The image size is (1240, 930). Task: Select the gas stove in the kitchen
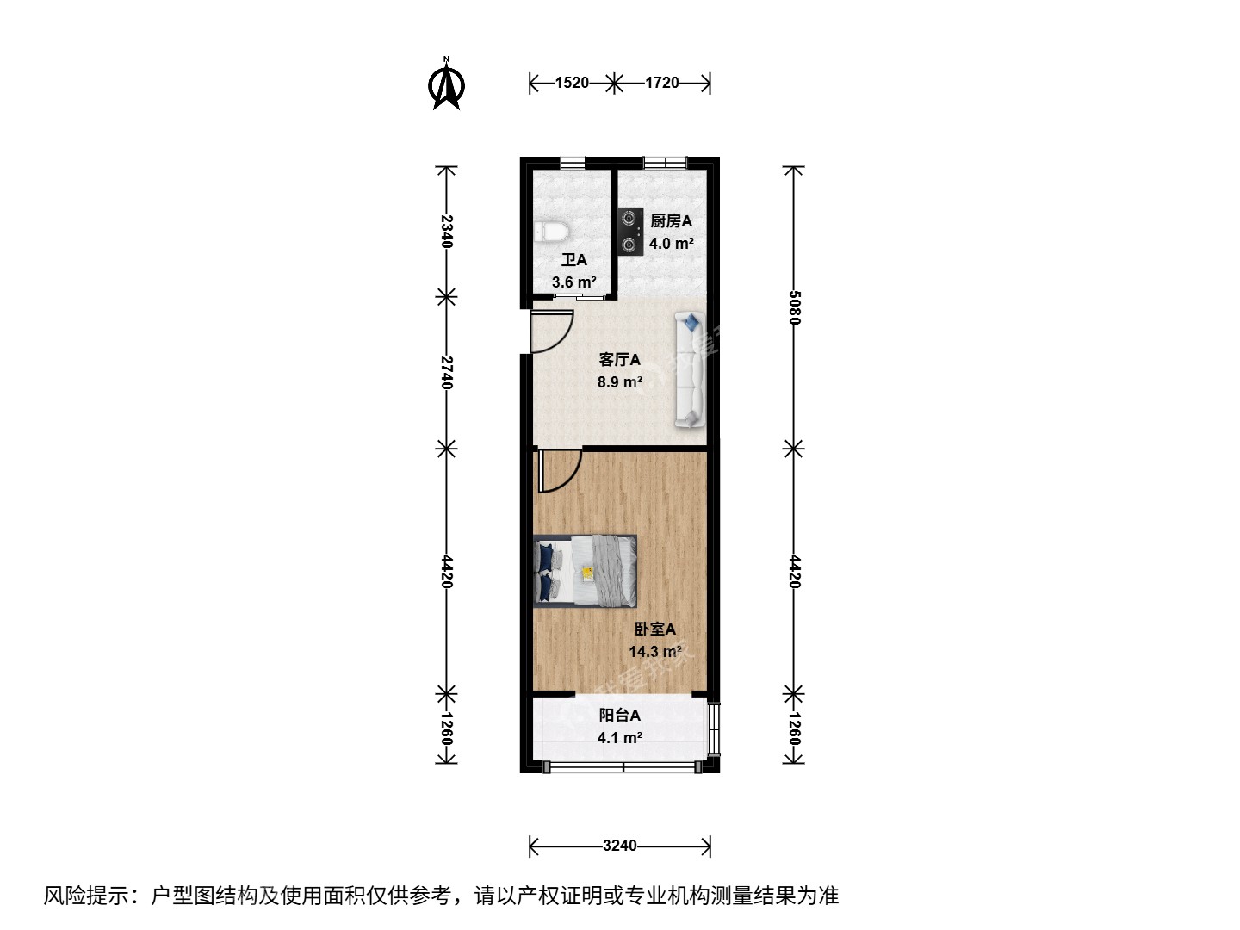(x=630, y=232)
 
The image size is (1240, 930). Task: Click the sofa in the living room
(x=690, y=370)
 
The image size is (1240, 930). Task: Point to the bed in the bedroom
(x=586, y=571)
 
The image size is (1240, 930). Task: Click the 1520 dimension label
(x=572, y=83)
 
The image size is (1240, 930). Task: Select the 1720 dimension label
(x=662, y=83)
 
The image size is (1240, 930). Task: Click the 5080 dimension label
(x=794, y=307)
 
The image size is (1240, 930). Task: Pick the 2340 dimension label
(x=447, y=232)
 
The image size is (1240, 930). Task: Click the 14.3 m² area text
(x=655, y=652)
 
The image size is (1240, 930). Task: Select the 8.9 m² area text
(x=620, y=382)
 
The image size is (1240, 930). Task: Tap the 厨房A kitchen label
(x=671, y=220)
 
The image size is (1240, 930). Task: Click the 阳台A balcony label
(x=620, y=716)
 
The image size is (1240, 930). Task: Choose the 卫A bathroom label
(x=574, y=260)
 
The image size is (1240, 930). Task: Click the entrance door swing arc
(x=561, y=343)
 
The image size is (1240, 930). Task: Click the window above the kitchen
(x=665, y=163)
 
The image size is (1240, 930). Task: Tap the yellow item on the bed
(x=588, y=573)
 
